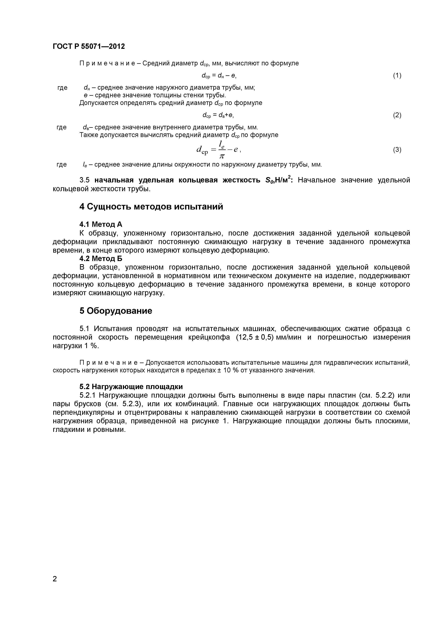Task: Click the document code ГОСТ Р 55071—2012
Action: [x=89, y=47]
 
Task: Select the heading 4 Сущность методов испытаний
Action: [x=151, y=207]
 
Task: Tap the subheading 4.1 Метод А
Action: [x=101, y=224]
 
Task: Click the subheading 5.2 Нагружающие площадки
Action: [x=131, y=387]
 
